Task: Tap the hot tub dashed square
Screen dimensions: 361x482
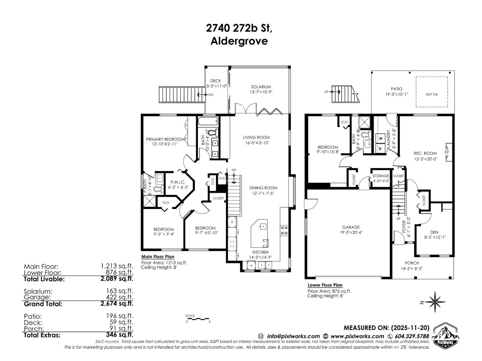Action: click(x=431, y=92)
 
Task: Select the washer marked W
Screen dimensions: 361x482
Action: click(x=381, y=138)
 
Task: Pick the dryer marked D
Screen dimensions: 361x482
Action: click(x=380, y=148)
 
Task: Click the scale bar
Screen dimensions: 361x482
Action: click(x=197, y=318)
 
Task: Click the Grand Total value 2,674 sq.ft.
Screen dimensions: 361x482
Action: click(x=117, y=304)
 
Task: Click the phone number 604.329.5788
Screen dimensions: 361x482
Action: click(x=412, y=336)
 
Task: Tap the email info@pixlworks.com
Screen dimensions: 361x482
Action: click(x=293, y=336)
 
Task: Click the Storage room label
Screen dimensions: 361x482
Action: click(x=381, y=176)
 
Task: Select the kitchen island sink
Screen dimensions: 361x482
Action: click(x=263, y=226)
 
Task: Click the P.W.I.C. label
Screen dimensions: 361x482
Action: click(x=177, y=182)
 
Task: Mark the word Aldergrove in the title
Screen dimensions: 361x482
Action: click(x=239, y=41)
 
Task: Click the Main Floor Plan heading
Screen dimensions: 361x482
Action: click(x=158, y=257)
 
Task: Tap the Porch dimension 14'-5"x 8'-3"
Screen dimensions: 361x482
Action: click(x=412, y=269)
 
